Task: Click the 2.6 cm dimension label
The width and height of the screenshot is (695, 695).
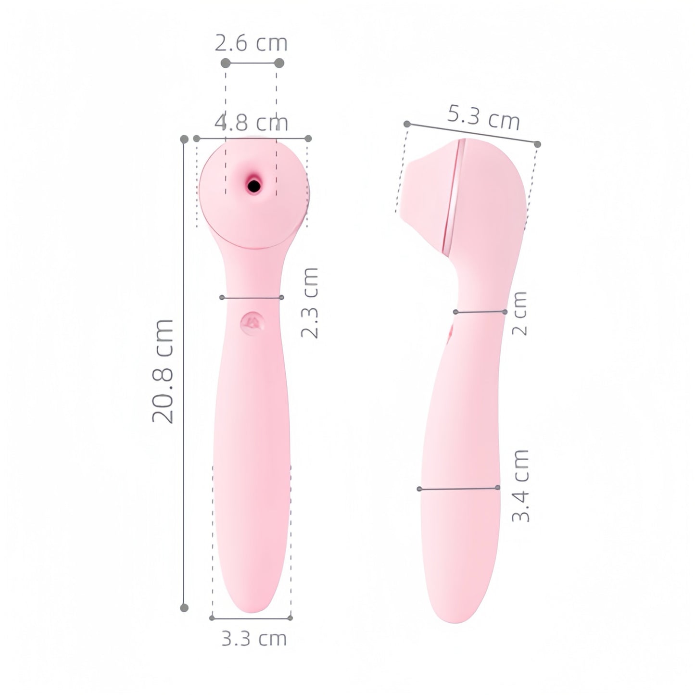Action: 251,43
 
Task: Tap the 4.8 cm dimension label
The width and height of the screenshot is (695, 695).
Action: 252,123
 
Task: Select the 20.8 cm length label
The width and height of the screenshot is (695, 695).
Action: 163,371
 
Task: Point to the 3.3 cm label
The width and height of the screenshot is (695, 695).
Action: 254,639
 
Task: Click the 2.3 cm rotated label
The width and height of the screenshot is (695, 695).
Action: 310,303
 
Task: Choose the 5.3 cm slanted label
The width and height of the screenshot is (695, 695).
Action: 483,117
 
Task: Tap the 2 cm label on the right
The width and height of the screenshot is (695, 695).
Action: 520,313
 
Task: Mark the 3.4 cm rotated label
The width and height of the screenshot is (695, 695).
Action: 521,485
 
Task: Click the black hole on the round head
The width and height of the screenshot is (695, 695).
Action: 254,185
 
